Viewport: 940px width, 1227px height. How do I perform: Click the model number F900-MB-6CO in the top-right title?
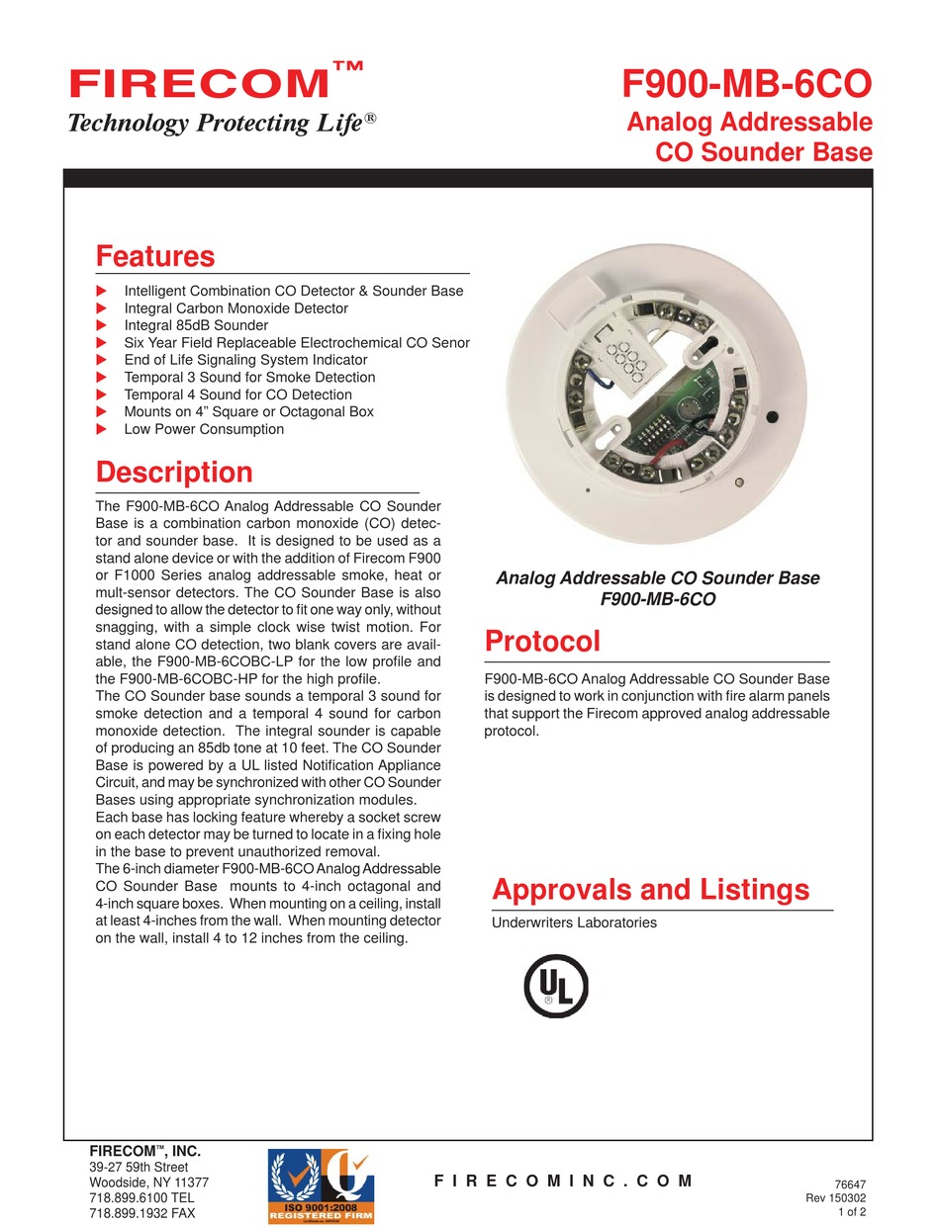(x=747, y=86)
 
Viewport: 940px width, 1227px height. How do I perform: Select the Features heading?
(x=154, y=257)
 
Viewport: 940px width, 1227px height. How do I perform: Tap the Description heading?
(x=174, y=473)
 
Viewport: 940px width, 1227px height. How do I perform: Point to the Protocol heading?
(x=542, y=642)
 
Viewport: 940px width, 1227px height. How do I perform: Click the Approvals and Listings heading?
(x=650, y=890)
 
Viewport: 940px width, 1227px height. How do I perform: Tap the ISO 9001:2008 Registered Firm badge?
(x=322, y=1184)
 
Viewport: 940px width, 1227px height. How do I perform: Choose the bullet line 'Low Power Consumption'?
(x=204, y=429)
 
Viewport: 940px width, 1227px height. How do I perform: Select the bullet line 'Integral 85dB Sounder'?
(x=196, y=325)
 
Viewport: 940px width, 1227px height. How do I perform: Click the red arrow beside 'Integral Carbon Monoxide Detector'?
(x=100, y=308)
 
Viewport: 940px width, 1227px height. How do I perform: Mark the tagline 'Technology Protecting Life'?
(x=221, y=124)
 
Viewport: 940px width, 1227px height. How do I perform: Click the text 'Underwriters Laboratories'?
(x=574, y=923)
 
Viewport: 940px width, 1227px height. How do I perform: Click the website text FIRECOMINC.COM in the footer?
(x=563, y=1182)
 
